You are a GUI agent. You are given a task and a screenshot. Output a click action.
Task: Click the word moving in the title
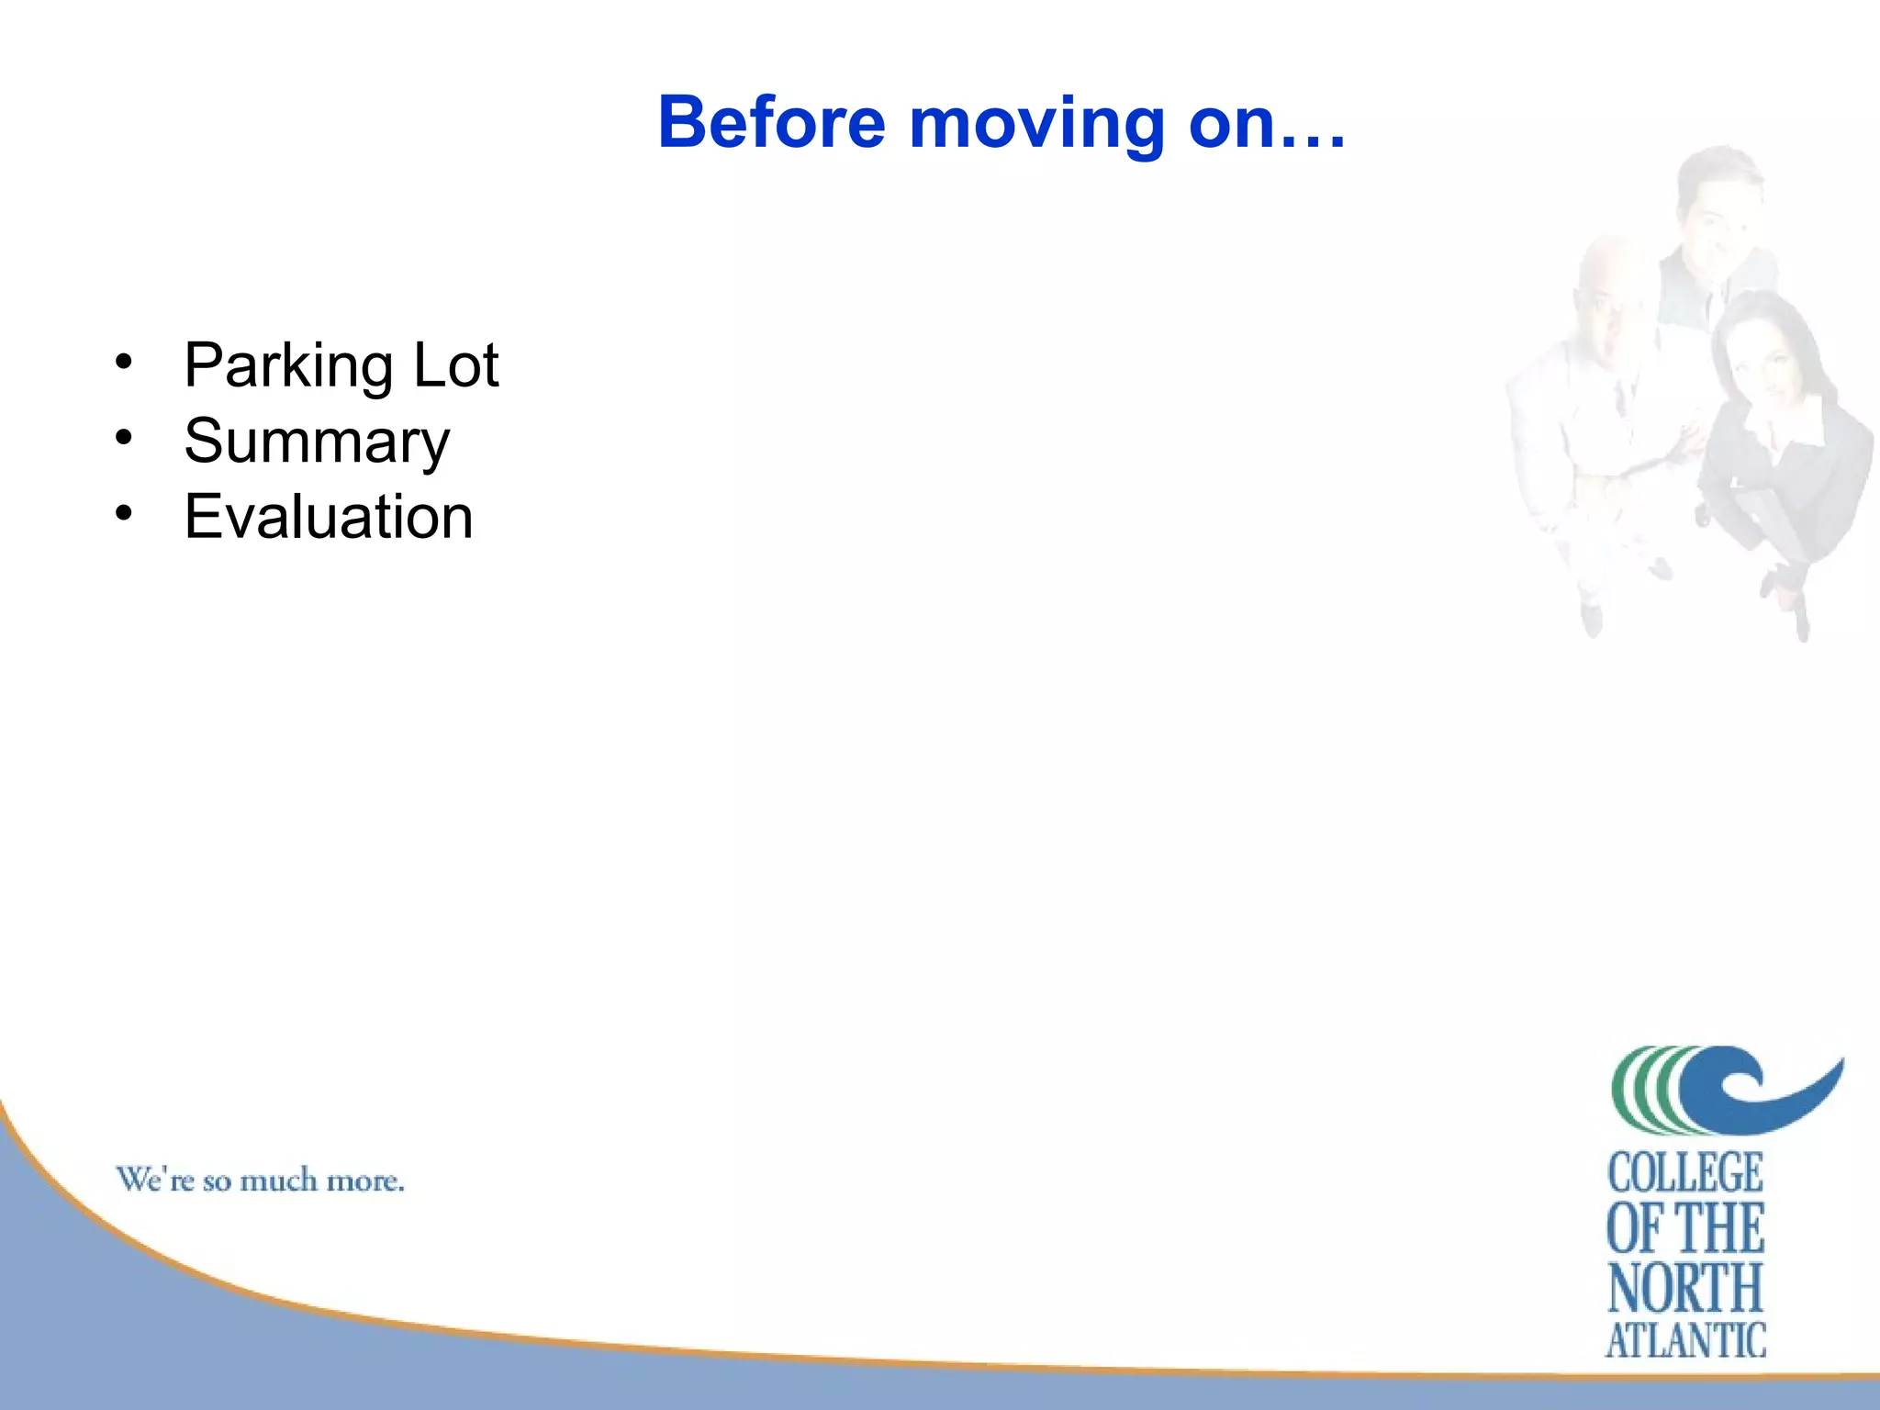(1036, 124)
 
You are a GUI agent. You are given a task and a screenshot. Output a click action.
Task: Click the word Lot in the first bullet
(456, 365)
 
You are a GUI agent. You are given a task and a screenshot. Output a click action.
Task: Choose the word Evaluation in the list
(329, 517)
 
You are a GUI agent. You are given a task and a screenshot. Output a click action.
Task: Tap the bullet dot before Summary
(124, 437)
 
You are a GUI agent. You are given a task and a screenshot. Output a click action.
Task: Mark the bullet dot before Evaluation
(124, 512)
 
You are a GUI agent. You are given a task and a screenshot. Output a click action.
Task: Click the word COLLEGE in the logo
(1685, 1173)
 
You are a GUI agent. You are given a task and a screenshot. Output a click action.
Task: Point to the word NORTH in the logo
(1685, 1287)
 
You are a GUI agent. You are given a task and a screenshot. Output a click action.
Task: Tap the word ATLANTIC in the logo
(1685, 1340)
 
